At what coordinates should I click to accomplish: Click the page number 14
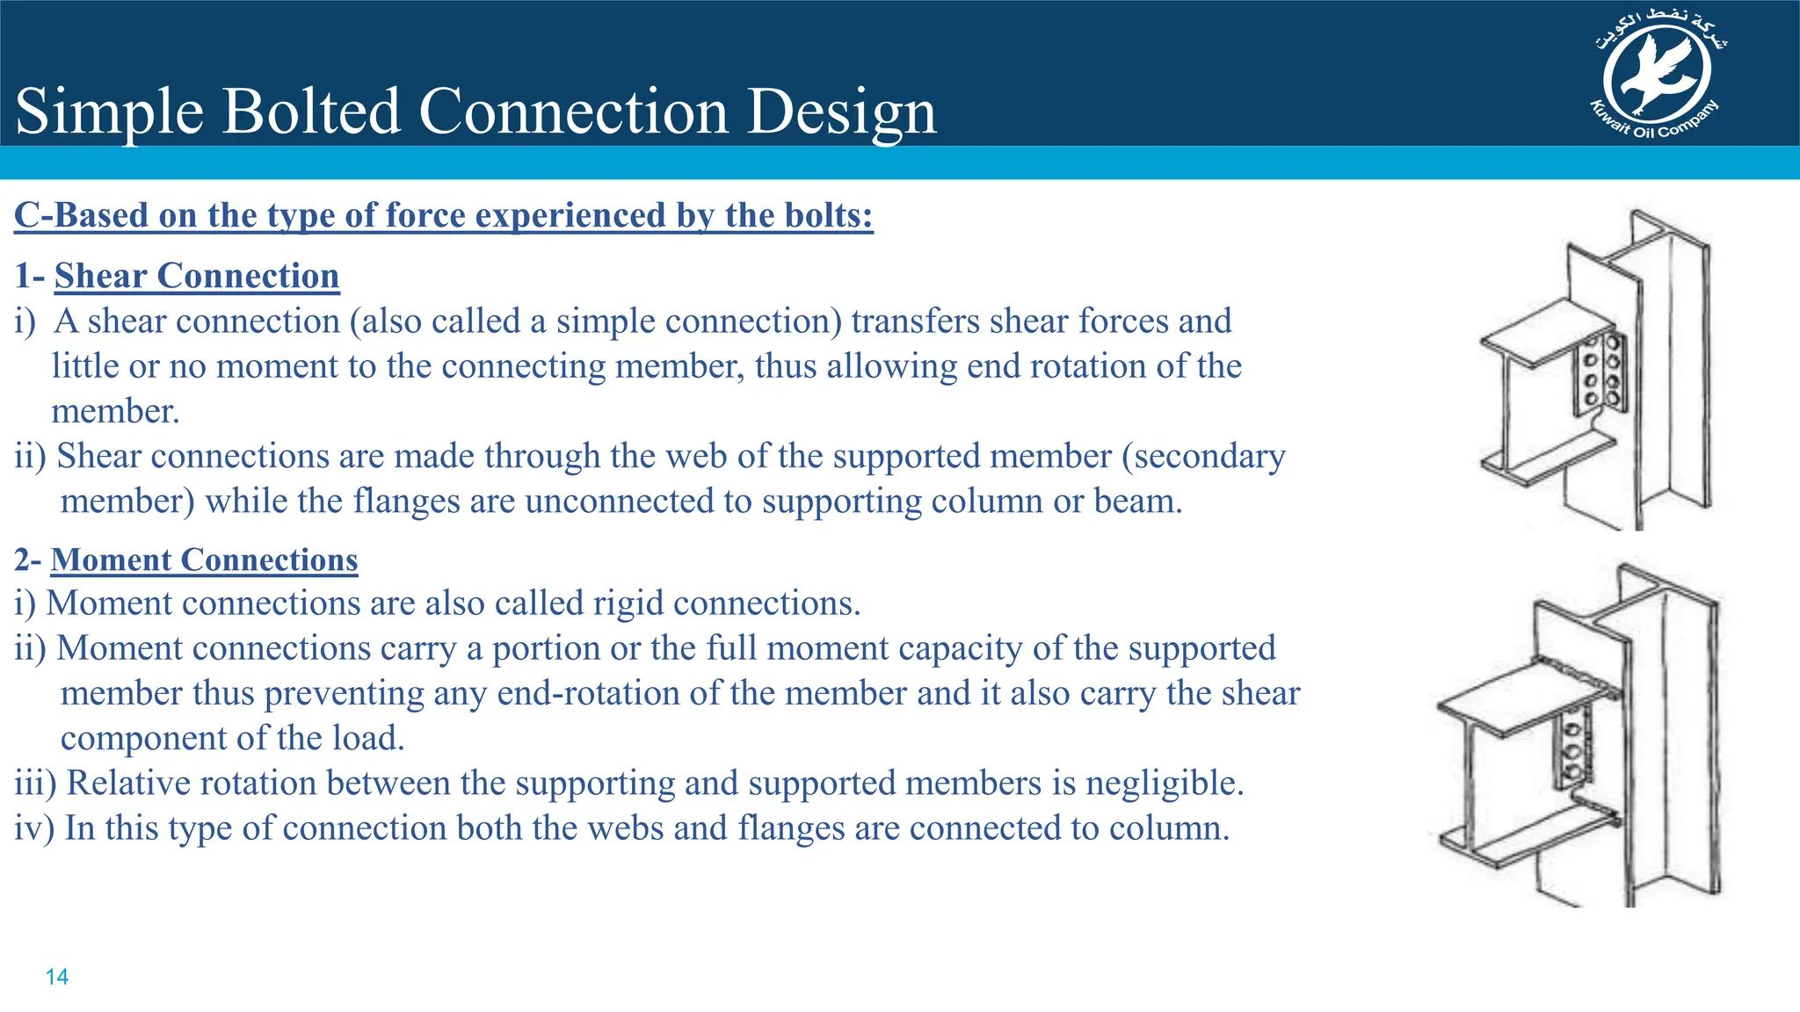click(57, 977)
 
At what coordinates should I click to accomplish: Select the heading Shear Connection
click(197, 276)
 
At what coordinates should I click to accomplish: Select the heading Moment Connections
click(204, 560)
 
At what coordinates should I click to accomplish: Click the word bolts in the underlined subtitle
click(824, 215)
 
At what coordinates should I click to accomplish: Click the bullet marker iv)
click(34, 828)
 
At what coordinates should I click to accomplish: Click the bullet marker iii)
click(36, 783)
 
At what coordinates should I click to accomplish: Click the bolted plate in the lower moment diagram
click(1572, 749)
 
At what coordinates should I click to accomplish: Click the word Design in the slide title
click(842, 112)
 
